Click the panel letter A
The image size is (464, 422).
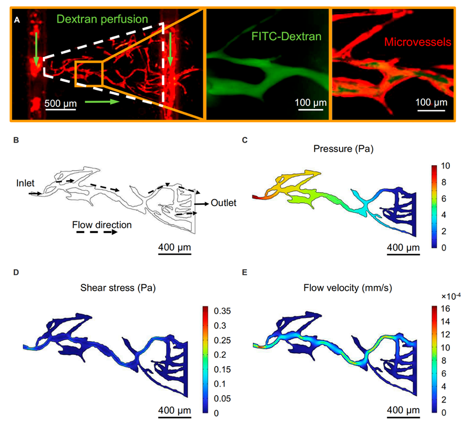pyautogui.click(x=17, y=20)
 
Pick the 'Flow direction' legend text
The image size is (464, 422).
pyautogui.click(x=102, y=225)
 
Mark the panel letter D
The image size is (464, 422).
pyautogui.click(x=17, y=273)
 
